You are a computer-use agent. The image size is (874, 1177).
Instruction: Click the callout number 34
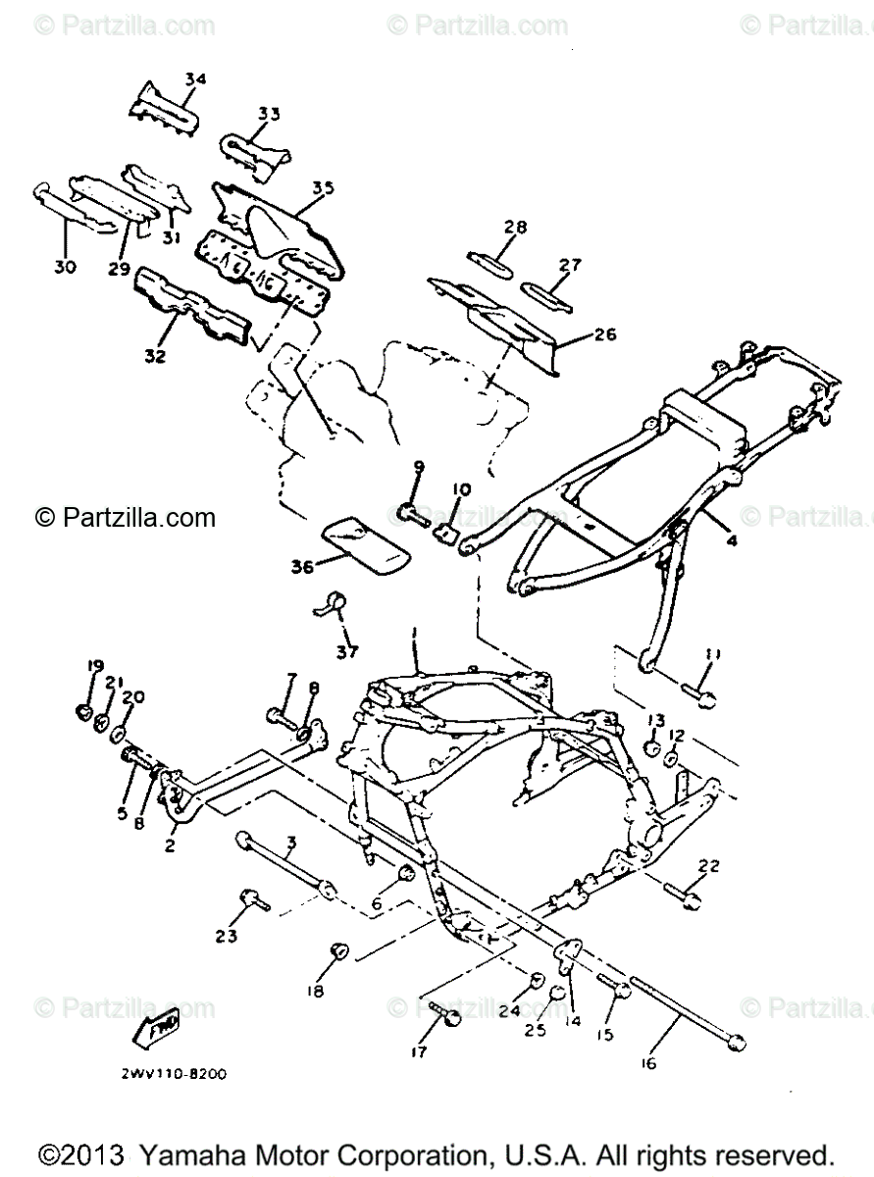195,78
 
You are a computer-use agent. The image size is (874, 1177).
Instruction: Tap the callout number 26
604,335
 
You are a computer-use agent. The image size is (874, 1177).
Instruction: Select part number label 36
302,566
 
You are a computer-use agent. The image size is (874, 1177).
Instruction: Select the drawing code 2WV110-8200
175,1074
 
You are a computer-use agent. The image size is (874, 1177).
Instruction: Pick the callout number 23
227,936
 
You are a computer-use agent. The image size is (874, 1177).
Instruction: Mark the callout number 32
157,356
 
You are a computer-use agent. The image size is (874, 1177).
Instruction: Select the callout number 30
67,266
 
